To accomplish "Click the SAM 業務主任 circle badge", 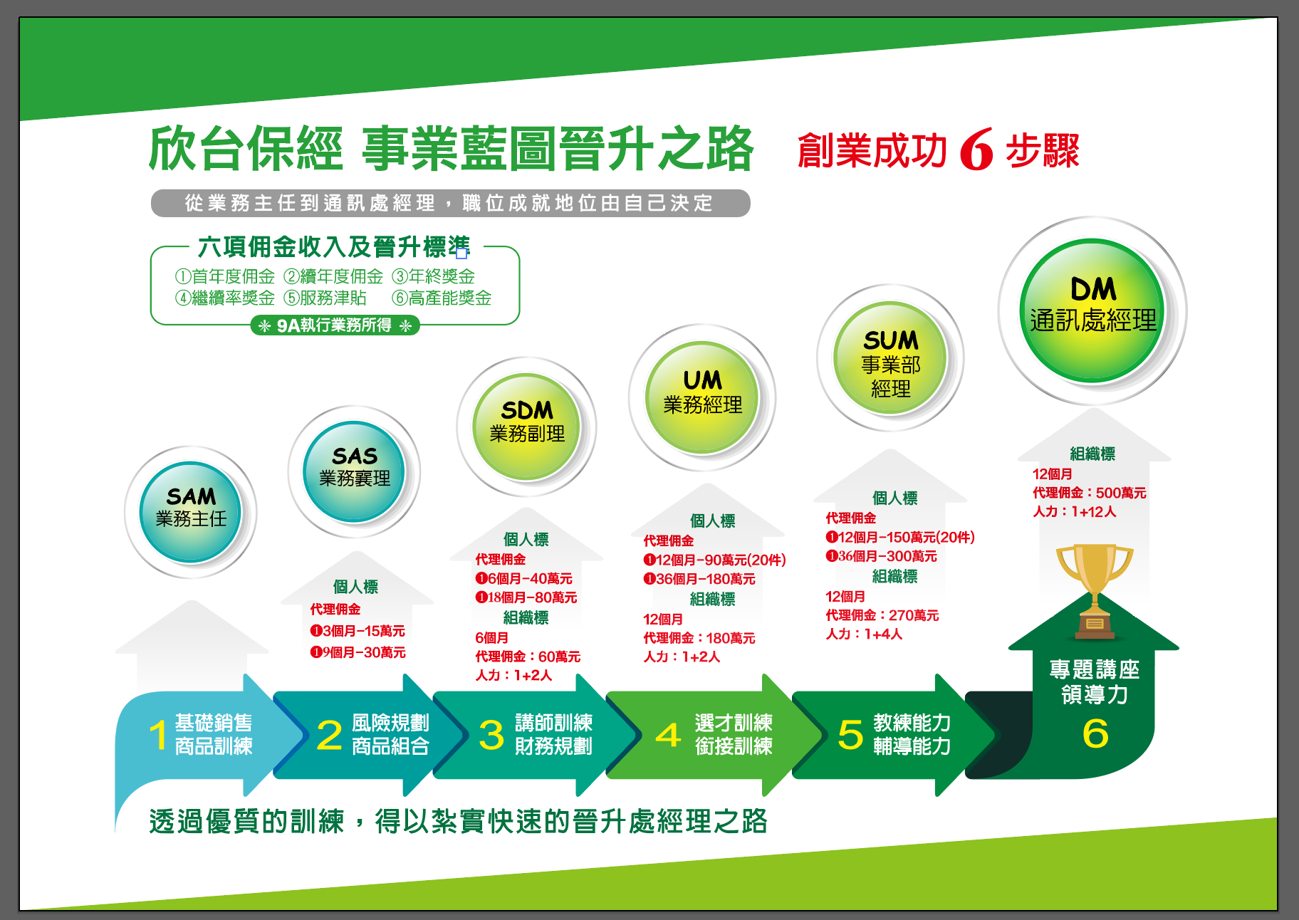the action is tap(190, 512).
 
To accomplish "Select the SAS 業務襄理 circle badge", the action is tap(354, 471).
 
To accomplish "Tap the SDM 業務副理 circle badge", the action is tap(526, 427).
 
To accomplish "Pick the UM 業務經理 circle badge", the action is tap(702, 397).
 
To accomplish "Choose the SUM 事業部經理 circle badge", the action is tap(890, 357).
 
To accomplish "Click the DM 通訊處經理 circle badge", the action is tap(1092, 310).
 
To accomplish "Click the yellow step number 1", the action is tap(157, 735).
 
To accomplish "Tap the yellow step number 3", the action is tap(491, 735).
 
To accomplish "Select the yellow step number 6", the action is tap(1095, 733).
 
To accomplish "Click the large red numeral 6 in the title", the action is tap(976, 150).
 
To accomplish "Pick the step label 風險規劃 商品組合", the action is tap(390, 734).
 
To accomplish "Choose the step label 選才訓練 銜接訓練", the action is tap(734, 734).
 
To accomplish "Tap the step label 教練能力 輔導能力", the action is tap(912, 734).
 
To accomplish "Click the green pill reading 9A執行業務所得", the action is tap(335, 325).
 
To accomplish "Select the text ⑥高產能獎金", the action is tap(442, 298).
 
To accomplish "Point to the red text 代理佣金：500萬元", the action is tap(1089, 493).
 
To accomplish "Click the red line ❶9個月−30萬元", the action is tap(358, 652).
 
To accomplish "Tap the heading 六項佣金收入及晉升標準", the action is tap(333, 247).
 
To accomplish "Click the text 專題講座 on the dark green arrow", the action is tap(1094, 669).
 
